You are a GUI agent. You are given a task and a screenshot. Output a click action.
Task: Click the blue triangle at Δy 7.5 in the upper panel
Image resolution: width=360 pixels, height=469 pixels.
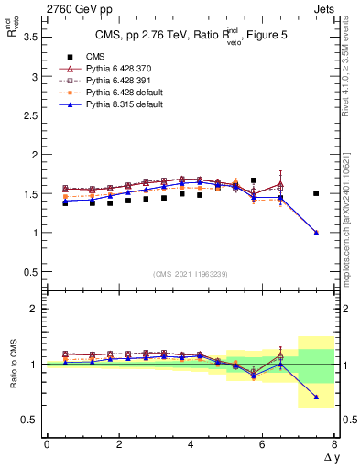coord(316,233)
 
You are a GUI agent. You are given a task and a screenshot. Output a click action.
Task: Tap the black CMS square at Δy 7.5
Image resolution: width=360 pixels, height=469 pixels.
coord(316,193)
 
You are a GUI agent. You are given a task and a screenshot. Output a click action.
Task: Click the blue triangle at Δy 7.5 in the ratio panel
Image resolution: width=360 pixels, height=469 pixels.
coord(316,397)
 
